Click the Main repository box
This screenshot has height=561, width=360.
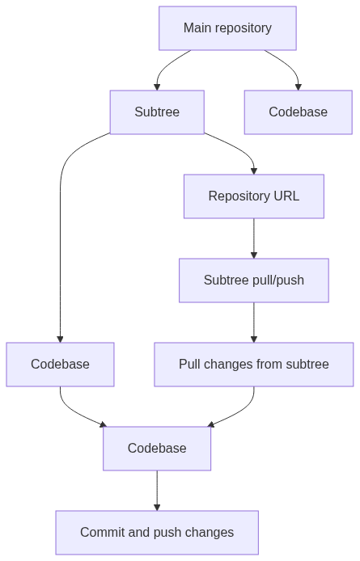pos(227,28)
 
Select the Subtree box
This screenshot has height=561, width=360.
pos(157,112)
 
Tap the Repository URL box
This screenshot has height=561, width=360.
pos(254,196)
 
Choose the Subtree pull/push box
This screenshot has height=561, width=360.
pos(254,280)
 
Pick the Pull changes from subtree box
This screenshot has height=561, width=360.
pos(254,365)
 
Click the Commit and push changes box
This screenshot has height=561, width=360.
pos(157,533)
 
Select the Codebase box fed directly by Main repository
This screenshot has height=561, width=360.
pos(299,112)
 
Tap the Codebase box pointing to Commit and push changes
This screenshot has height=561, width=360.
pos(157,449)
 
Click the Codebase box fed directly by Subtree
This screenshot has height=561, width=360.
pos(60,365)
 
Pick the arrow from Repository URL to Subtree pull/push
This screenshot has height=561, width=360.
pos(254,238)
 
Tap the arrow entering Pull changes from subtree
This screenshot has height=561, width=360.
pos(254,323)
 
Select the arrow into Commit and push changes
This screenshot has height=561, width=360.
pos(157,491)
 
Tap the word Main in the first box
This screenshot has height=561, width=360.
pos(196,28)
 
